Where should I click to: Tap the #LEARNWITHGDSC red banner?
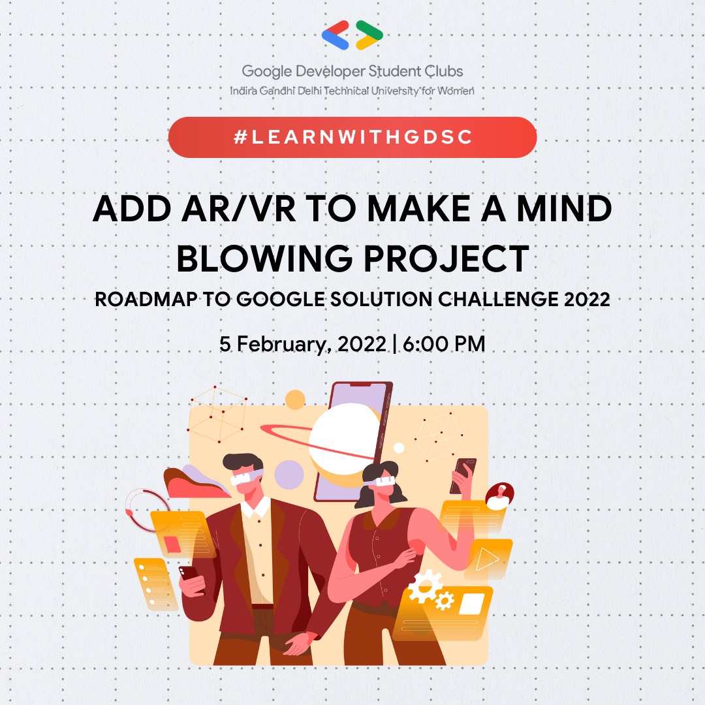[x=352, y=137]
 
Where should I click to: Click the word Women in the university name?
[x=456, y=90]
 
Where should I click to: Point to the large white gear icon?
[x=424, y=584]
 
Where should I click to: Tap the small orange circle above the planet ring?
[x=295, y=399]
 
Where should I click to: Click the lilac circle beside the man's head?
[x=288, y=474]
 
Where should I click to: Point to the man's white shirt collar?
[x=255, y=507]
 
